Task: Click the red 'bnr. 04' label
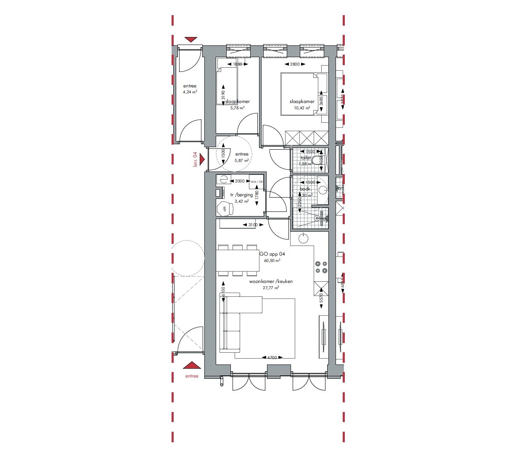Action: [195, 160]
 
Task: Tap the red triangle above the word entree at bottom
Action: [192, 365]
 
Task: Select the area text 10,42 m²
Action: [302, 108]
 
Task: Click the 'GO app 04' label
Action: [272, 254]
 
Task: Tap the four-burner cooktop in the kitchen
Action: [321, 267]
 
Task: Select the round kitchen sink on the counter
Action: [303, 239]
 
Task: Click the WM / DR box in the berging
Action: [256, 182]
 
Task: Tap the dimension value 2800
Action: [295, 64]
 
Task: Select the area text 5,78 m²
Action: [237, 108]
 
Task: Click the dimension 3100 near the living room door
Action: [252, 225]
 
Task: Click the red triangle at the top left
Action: [191, 40]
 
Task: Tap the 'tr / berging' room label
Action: [241, 195]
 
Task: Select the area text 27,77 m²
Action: [271, 288]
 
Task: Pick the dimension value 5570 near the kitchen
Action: [321, 298]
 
